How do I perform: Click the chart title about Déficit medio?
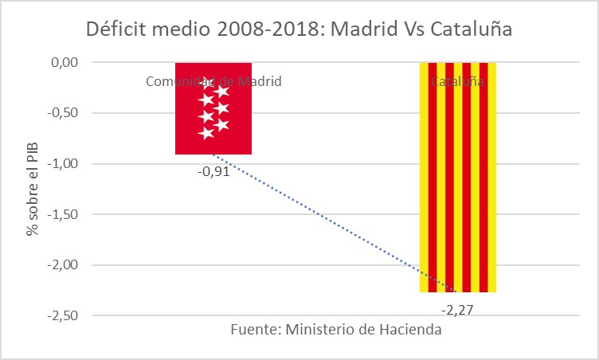point(299,29)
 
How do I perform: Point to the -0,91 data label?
point(213,171)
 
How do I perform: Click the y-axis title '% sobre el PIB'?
point(33,189)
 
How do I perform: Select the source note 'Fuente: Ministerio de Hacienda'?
point(335,330)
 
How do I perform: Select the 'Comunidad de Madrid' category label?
point(213,81)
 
